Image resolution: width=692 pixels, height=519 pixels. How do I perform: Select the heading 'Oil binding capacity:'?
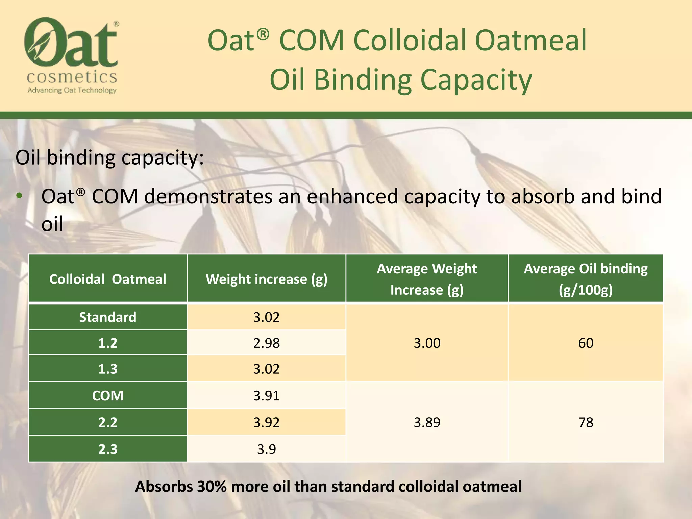[109, 157]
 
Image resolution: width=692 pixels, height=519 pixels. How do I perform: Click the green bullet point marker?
[19, 196]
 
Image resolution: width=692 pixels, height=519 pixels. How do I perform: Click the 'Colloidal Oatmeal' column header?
[107, 279]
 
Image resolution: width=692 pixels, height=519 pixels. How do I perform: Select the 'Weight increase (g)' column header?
[266, 279]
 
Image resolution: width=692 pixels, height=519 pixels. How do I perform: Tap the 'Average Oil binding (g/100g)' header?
[586, 279]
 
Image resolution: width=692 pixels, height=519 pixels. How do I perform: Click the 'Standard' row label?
[107, 317]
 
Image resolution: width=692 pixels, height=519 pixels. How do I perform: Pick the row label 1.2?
[107, 343]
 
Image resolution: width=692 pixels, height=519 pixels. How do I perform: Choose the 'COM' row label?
[107, 396]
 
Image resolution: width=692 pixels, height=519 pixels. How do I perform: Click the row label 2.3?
[107, 449]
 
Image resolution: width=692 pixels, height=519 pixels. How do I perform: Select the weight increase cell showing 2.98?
[266, 343]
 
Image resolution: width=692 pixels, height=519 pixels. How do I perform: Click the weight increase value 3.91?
[266, 396]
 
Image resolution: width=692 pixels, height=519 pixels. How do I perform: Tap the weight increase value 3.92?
[266, 422]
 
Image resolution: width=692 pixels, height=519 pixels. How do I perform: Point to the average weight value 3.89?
[427, 422]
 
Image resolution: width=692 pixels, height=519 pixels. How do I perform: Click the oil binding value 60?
[586, 343]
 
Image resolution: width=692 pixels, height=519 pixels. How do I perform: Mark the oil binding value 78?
[586, 422]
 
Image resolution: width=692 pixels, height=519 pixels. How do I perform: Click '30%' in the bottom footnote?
[212, 487]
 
